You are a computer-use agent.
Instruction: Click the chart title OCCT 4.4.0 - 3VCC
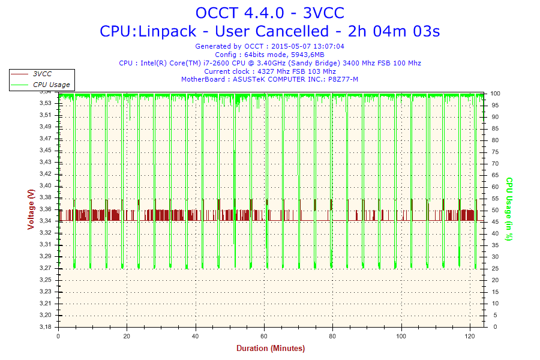point(269,13)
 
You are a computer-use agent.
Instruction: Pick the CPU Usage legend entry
point(51,85)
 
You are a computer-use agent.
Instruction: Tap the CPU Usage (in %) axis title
point(509,209)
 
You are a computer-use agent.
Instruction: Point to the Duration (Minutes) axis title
point(270,349)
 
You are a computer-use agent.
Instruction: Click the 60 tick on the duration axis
point(263,336)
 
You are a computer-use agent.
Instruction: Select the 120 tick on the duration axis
point(469,336)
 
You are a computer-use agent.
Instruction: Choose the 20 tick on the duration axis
point(127,336)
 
